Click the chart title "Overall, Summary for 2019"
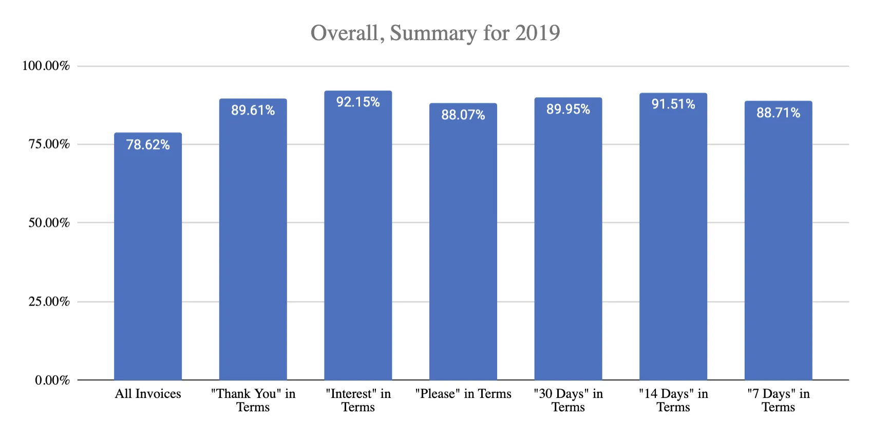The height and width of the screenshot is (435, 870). (435, 33)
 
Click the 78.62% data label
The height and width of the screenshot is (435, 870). (148, 144)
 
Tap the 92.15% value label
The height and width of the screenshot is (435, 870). (358, 102)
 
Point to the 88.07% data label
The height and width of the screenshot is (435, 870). (463, 115)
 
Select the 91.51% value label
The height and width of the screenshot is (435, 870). (673, 104)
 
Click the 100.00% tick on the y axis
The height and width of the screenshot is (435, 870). (46, 66)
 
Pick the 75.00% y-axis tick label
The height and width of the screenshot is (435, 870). (49, 144)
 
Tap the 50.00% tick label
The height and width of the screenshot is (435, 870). (49, 223)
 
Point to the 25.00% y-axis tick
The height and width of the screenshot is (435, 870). (49, 301)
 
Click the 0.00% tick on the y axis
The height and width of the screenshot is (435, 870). (52, 380)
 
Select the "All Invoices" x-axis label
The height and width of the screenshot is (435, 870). (148, 394)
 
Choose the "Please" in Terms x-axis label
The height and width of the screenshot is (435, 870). (463, 394)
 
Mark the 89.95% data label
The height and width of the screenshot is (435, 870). (568, 109)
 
